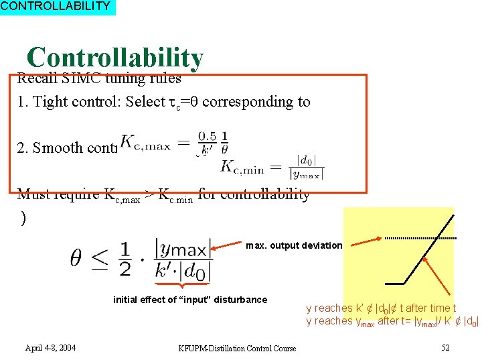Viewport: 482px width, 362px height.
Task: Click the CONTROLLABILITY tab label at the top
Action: click(56, 7)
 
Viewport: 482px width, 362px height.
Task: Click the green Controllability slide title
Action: click(114, 58)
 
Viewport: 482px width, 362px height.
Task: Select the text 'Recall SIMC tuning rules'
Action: click(99, 78)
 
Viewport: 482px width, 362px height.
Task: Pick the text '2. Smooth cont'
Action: click(67, 147)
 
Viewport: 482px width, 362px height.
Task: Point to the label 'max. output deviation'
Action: click(294, 245)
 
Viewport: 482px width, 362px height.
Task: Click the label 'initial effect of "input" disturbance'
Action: click(190, 300)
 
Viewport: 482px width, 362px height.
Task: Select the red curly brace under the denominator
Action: click(181, 286)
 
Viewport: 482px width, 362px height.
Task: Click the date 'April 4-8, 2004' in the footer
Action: click(50, 348)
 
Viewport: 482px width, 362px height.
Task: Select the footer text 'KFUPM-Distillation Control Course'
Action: click(237, 349)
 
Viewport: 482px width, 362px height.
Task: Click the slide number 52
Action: click(445, 348)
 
